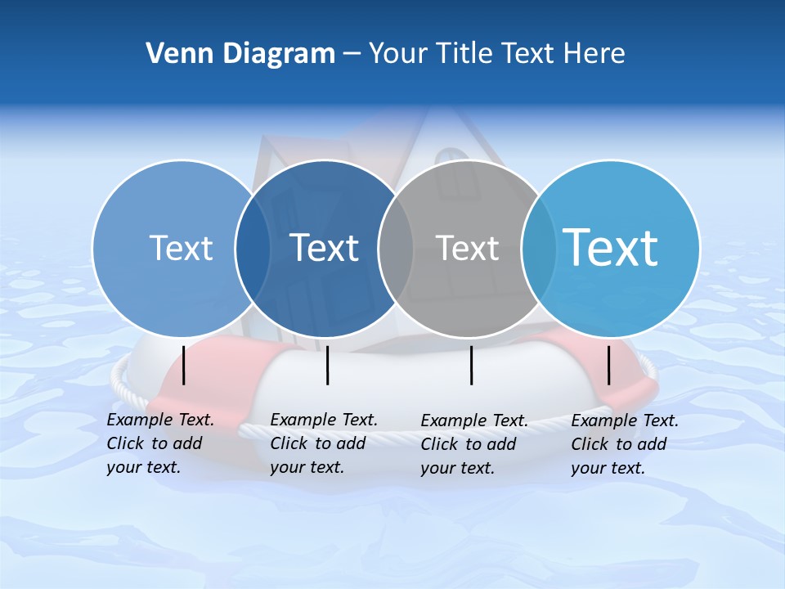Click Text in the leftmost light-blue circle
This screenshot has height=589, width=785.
pyautogui.click(x=181, y=248)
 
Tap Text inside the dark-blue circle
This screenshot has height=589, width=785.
pyautogui.click(x=324, y=248)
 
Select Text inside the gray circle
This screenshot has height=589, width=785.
pyautogui.click(x=467, y=248)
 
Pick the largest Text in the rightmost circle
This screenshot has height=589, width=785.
pyautogui.click(x=610, y=247)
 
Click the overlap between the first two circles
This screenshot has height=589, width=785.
pyautogui.click(x=253, y=249)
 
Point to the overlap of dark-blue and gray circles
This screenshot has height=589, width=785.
pyautogui.click(x=396, y=249)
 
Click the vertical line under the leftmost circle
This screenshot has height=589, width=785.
pyautogui.click(x=184, y=365)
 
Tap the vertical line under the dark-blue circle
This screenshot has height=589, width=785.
pyautogui.click(x=327, y=365)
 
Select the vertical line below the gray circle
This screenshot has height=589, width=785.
pyautogui.click(x=471, y=365)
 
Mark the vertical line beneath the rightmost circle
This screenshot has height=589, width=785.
pyautogui.click(x=608, y=365)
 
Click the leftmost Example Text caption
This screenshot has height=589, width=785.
pyautogui.click(x=160, y=443)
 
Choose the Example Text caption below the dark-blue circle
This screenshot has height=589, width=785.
pyautogui.click(x=324, y=443)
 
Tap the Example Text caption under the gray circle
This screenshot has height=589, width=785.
pyautogui.click(x=474, y=444)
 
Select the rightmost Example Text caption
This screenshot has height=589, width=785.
pyautogui.click(x=625, y=444)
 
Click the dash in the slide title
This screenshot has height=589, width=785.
pyautogui.click(x=352, y=55)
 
